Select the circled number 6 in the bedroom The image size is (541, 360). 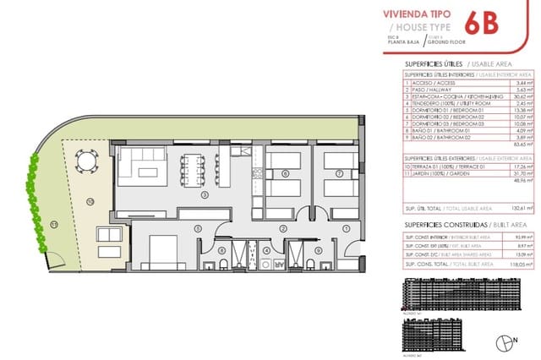[x=285, y=174]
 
